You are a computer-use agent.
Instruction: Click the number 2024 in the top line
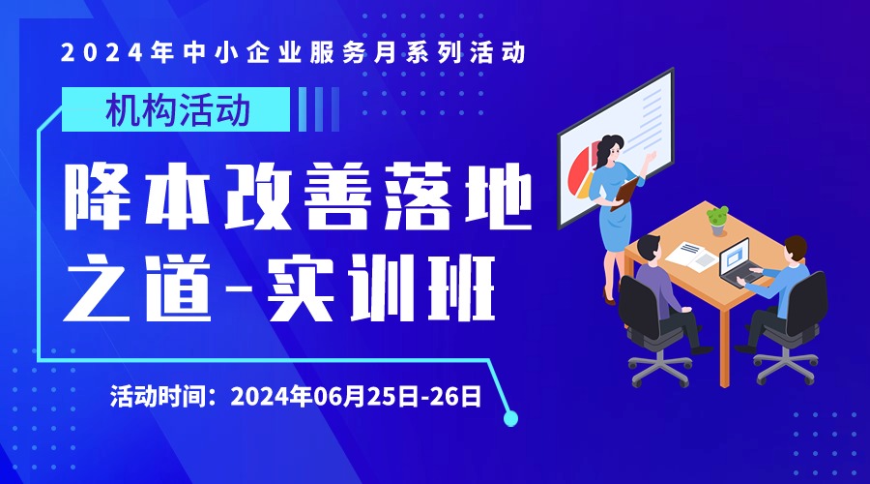point(102,52)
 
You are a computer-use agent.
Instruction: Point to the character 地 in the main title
point(498,197)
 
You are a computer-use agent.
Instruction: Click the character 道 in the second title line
point(179,287)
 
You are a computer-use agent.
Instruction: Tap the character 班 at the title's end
point(461,287)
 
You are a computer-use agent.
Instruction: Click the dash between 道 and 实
point(238,289)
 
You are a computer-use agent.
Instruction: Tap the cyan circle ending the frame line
point(510,418)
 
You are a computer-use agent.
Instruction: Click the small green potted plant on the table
point(717,221)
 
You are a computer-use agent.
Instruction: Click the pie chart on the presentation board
point(582,169)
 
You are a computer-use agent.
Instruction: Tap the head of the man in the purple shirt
point(648,250)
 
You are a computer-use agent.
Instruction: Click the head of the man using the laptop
point(795,250)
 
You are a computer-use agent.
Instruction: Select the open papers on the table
point(691,257)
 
